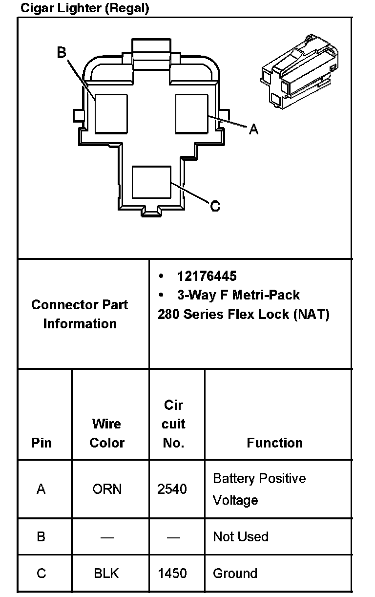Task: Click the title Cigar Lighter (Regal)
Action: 84,8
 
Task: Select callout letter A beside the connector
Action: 253,129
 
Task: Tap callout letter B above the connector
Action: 62,52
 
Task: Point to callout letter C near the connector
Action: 215,206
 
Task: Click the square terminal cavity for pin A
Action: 192,114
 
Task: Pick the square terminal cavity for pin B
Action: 111,114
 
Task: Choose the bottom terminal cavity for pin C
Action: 151,182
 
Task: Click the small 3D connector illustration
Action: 298,72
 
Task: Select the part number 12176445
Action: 207,276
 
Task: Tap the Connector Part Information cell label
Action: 80,314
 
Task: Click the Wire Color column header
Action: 107,433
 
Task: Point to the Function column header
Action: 274,443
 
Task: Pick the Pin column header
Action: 42,443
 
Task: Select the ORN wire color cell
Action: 107,489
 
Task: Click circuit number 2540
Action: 172,489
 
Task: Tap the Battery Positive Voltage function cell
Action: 259,489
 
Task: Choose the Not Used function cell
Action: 241,536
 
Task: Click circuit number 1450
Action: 172,573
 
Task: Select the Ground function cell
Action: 235,573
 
